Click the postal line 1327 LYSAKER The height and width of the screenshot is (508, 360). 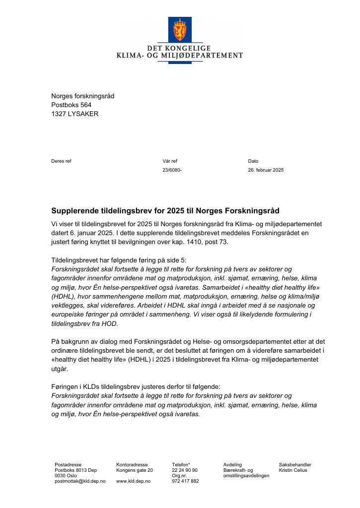(x=75, y=114)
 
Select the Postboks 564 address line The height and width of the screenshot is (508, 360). (x=72, y=105)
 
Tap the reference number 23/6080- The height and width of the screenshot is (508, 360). (x=172, y=170)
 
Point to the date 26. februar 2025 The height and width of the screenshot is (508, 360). (x=266, y=170)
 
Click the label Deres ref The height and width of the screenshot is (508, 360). (x=61, y=161)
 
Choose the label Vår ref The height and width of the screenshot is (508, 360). (x=170, y=161)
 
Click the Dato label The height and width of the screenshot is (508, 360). (x=253, y=161)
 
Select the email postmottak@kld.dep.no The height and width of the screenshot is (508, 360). (x=80, y=481)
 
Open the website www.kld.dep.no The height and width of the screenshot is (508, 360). (x=133, y=481)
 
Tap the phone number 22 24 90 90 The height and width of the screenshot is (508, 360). (x=185, y=470)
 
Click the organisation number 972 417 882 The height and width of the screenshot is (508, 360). (x=185, y=481)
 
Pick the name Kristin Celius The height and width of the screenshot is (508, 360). (x=293, y=470)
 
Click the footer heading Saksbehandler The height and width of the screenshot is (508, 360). (x=295, y=465)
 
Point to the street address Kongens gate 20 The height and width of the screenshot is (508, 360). (x=135, y=470)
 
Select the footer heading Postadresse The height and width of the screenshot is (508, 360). (x=68, y=465)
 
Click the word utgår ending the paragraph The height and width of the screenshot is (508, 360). (x=60, y=369)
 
